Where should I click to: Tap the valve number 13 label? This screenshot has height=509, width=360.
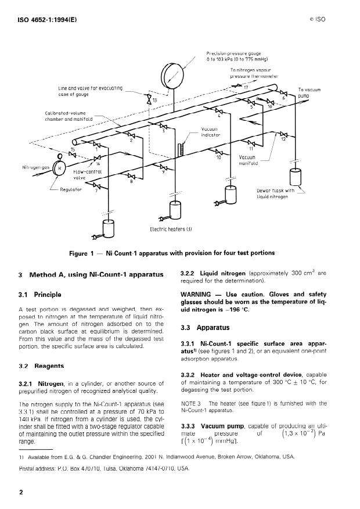point(155,101)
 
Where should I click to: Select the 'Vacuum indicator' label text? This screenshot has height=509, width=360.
point(210,132)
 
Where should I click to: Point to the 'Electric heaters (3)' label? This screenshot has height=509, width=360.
point(171,230)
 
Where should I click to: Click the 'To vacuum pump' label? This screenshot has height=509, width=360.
point(309,92)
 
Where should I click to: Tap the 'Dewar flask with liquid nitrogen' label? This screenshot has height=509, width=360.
point(276,193)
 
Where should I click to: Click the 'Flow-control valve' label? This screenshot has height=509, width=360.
point(88,175)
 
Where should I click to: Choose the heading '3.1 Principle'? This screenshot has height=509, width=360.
point(40,295)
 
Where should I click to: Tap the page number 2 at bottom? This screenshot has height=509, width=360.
point(21,493)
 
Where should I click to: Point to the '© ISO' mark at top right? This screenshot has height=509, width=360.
point(318,19)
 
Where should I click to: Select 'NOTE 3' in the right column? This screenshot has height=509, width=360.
point(190,403)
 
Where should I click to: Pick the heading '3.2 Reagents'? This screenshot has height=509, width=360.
point(41,366)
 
